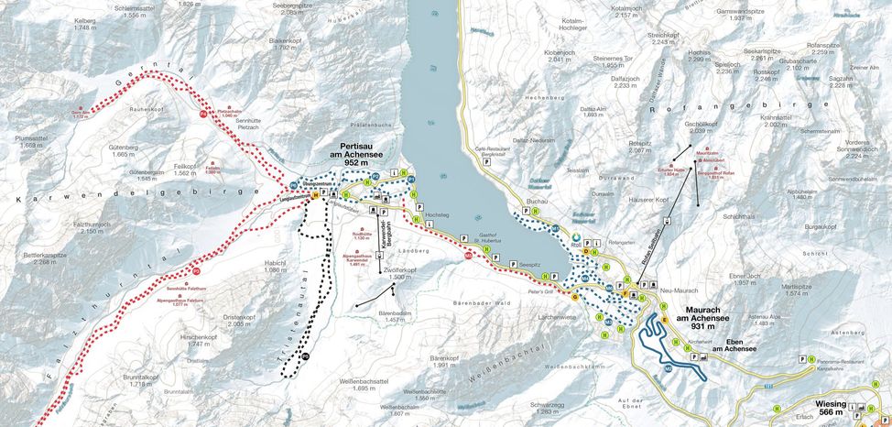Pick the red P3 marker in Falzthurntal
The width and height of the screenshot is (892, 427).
tap(196, 270)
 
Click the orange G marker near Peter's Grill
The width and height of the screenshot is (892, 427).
tap(574, 297)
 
